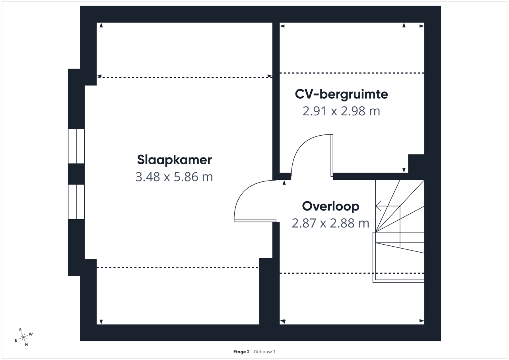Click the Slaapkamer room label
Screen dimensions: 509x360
point(174,160)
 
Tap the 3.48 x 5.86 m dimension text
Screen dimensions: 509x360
point(174,177)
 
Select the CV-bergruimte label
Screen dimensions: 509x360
point(341,95)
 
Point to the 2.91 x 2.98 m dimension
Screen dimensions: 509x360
point(341,111)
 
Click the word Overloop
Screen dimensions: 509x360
point(330,206)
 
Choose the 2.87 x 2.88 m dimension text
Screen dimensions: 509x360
point(330,223)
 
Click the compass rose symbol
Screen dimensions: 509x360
point(23,337)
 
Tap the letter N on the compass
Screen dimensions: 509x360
point(26,345)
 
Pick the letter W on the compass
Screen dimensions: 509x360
point(31,334)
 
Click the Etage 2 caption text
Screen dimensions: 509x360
point(241,352)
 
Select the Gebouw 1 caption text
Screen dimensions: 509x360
point(264,352)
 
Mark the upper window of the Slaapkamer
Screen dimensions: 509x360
point(76,146)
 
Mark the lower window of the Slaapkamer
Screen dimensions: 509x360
point(76,202)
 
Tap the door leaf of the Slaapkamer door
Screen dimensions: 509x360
point(255,221)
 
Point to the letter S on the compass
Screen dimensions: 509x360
point(20,330)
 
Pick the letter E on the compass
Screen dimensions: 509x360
point(16,340)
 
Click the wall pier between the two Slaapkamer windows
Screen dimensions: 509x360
point(76,174)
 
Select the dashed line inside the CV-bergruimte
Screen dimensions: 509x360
point(352,73)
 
